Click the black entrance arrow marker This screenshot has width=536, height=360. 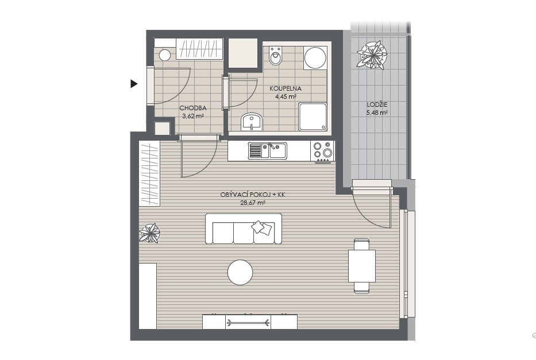pos(134,83)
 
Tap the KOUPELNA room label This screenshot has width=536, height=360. pos(286,88)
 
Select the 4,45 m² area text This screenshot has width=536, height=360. pos(286,96)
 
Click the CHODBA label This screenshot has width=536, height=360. pos(193,109)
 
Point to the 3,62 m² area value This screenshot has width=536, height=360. pos(193,116)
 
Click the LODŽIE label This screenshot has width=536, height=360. pos(377,105)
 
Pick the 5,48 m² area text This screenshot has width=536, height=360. pos(377,113)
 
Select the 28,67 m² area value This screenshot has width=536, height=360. pos(253,203)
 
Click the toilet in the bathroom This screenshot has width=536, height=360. pos(275,56)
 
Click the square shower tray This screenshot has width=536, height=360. pos(313,117)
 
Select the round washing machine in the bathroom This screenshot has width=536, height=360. pos(315,58)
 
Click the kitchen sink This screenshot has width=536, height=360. pos(268,150)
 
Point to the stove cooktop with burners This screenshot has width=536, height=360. pos(322,151)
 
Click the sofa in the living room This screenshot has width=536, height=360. pos(244,229)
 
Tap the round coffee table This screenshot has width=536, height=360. pos(240,272)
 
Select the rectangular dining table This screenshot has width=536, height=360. pos(362,266)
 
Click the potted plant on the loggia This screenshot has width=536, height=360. pos(372,55)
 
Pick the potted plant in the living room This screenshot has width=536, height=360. pos(149,233)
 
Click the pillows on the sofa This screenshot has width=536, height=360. pos(262,227)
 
